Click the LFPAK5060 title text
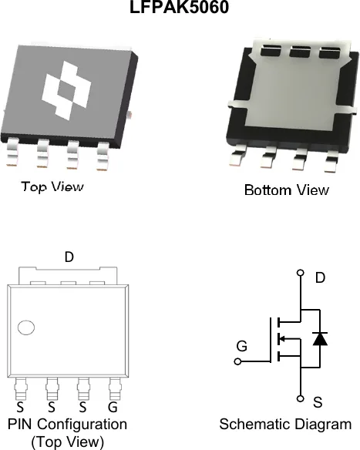click(x=180, y=7)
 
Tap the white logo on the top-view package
click(x=66, y=90)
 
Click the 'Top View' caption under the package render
click(x=52, y=186)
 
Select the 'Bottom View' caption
click(x=287, y=190)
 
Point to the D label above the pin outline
click(x=69, y=257)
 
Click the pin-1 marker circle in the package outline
click(x=26, y=327)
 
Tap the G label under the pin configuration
click(x=113, y=407)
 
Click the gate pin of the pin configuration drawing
click(x=115, y=388)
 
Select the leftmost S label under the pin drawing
click(x=20, y=407)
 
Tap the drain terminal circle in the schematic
click(x=301, y=273)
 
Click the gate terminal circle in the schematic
click(x=237, y=361)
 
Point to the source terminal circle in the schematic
click(x=301, y=398)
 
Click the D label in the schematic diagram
click(x=320, y=277)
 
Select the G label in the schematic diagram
click(x=242, y=346)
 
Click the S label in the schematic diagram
click(x=318, y=402)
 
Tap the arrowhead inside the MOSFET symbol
click(x=281, y=339)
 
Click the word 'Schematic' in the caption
click(x=249, y=424)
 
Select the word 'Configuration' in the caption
click(x=82, y=425)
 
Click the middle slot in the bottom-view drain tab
click(x=300, y=51)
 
